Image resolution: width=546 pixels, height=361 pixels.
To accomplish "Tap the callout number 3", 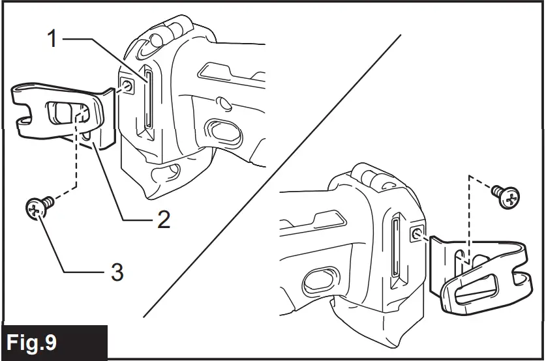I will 115,271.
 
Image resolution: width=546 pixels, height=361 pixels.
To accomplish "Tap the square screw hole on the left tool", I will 127,85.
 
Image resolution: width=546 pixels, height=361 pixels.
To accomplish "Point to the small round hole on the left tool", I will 223,102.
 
